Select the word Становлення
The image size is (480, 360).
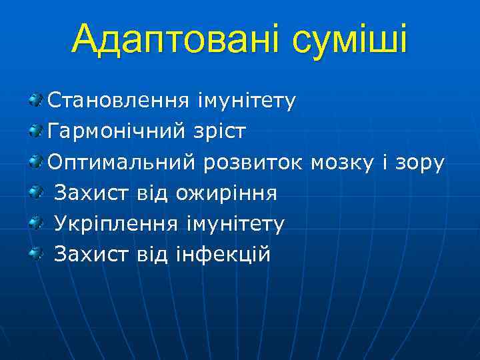click(x=118, y=101)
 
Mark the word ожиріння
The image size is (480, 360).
click(x=226, y=193)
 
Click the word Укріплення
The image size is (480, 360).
click(x=115, y=223)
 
